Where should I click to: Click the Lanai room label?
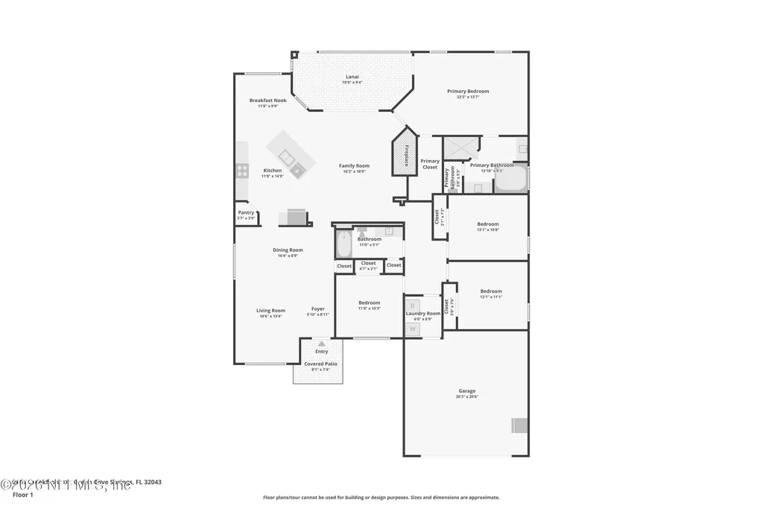coord(352,77)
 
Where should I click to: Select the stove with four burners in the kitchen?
coord(242,171)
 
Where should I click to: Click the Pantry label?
coord(246,212)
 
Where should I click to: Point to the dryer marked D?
coord(413,305)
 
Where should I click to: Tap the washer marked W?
coord(413,328)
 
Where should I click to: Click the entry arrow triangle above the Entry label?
coord(321,344)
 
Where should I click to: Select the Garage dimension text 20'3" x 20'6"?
coord(466,397)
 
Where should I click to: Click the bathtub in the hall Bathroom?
coord(343,244)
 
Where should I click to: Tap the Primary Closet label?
coord(430,164)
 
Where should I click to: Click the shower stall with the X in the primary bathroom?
coord(460,148)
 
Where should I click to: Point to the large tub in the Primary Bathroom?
coord(511,179)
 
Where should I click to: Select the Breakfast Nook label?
coord(267,101)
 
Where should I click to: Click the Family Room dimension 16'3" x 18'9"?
coord(354,172)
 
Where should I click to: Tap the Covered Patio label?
coord(320,363)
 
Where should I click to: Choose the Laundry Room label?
coord(423,314)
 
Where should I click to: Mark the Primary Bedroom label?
coord(468,91)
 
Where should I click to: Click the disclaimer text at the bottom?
coord(381,498)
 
